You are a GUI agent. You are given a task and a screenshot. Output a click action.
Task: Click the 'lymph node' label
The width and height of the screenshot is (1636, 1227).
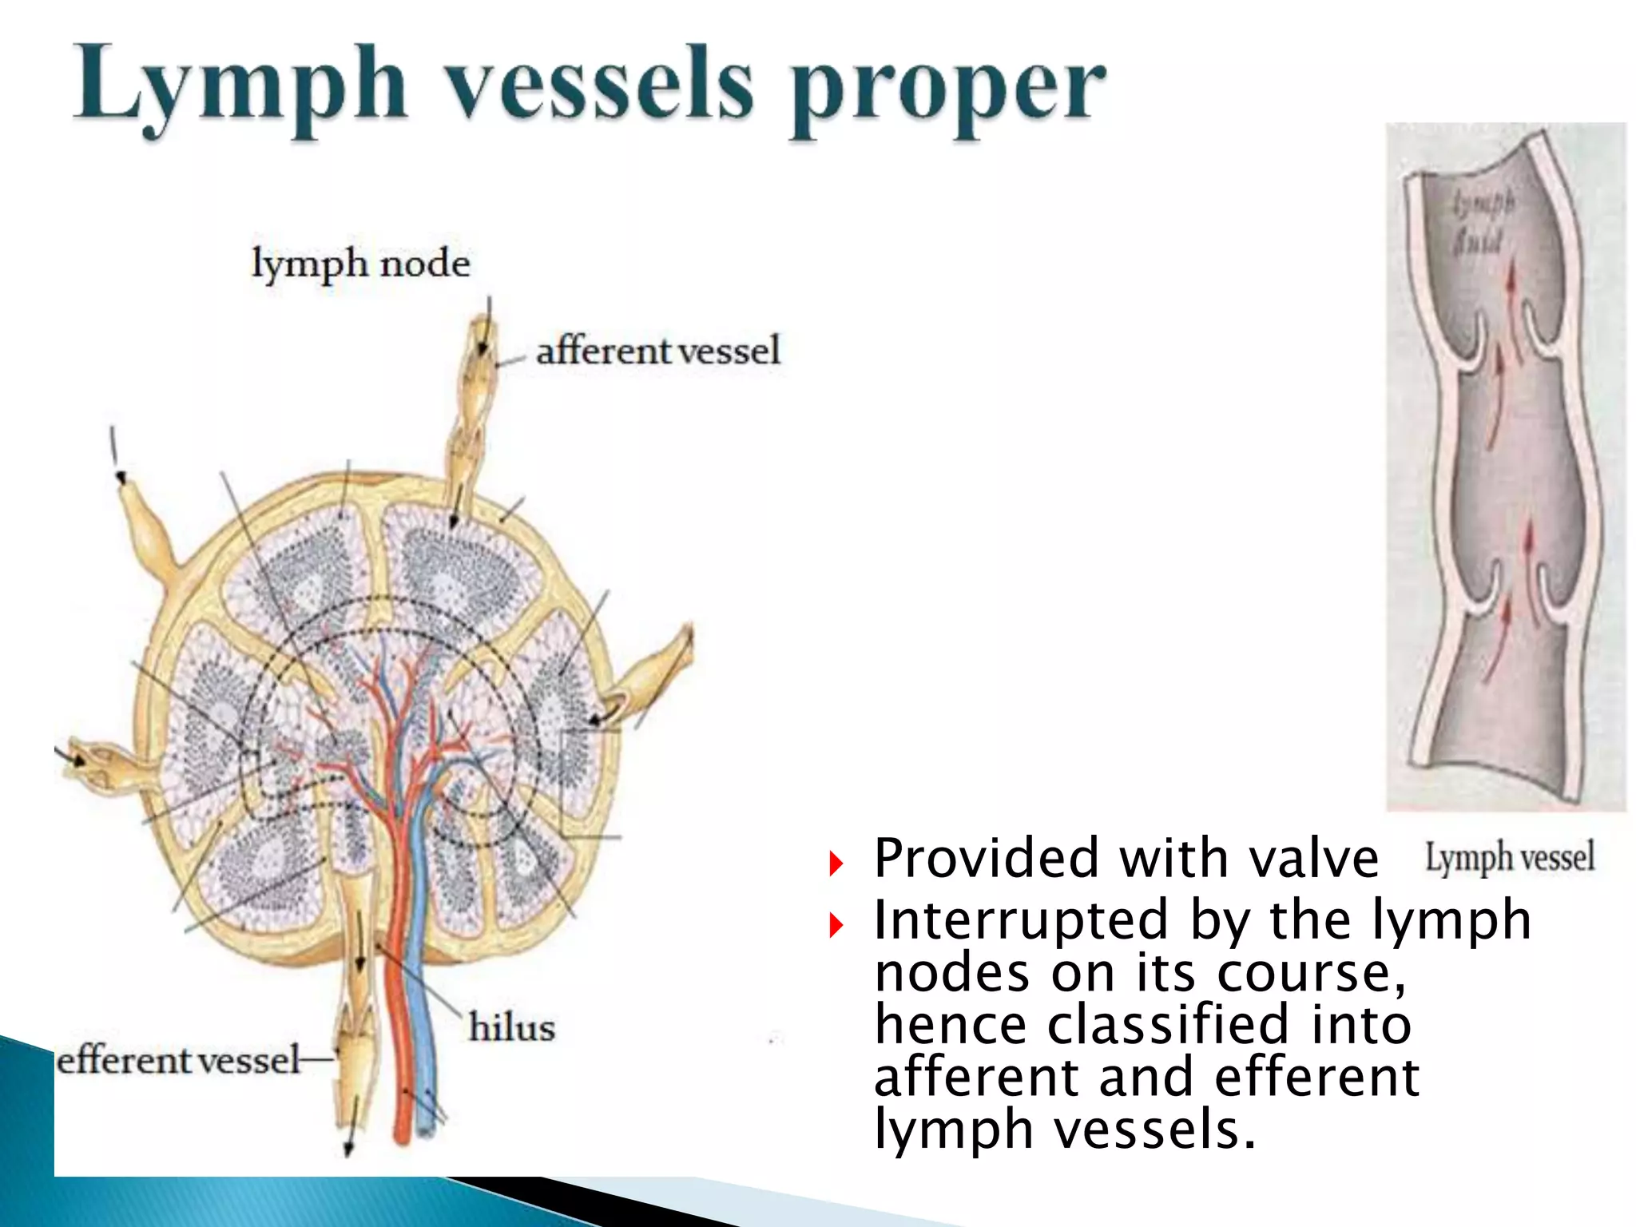coord(360,264)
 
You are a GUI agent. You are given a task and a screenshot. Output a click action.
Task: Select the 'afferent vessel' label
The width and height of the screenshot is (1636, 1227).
coord(657,351)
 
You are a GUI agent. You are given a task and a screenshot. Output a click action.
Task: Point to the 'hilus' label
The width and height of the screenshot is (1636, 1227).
coord(511,1027)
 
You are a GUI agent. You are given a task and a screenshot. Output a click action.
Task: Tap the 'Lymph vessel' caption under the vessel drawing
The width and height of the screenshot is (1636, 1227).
coord(1509,857)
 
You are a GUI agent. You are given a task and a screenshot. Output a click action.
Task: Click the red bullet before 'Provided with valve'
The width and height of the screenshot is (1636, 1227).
coord(836,863)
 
